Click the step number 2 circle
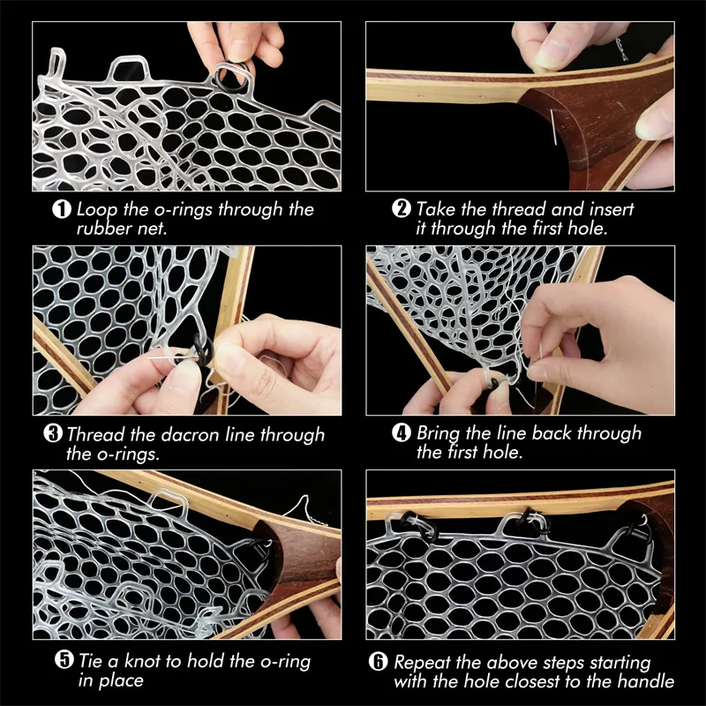coord(402,211)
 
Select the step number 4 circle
coord(402,434)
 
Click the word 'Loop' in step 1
coord(95,210)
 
